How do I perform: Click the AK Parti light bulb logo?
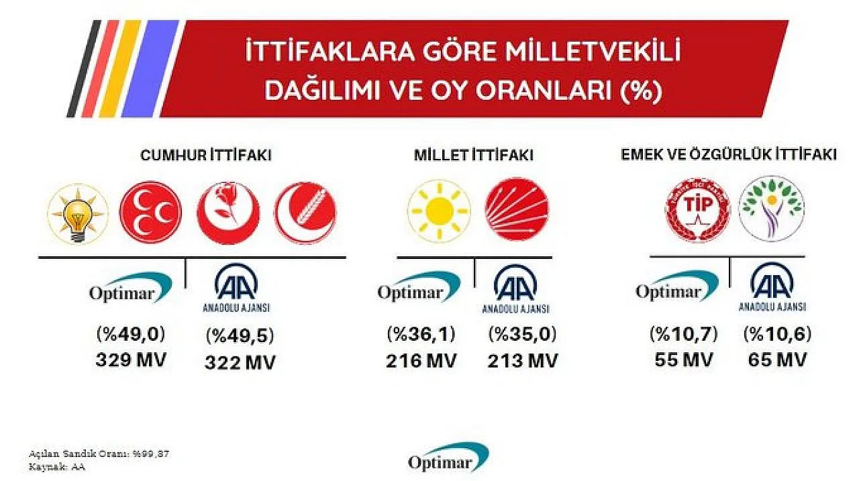pyautogui.click(x=78, y=214)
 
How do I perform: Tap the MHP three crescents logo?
pyautogui.click(x=151, y=212)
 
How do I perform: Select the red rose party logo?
pyautogui.click(x=228, y=213)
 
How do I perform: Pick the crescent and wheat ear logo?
pyautogui.click(x=305, y=213)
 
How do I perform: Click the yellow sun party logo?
pyautogui.click(x=439, y=211)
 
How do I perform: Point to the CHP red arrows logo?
pyautogui.click(x=517, y=210)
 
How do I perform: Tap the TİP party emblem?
pyautogui.click(x=697, y=210)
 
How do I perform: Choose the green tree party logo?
pyautogui.click(x=772, y=209)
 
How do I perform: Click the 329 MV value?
pyautogui.click(x=131, y=360)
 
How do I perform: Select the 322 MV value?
pyautogui.click(x=240, y=362)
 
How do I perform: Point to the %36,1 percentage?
pyautogui.click(x=421, y=334)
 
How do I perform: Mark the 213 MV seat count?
pyautogui.click(x=522, y=361)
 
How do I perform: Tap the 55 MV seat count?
pyautogui.click(x=683, y=360)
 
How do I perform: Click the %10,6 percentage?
pyautogui.click(x=777, y=334)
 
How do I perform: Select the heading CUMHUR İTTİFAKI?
pyautogui.click(x=206, y=156)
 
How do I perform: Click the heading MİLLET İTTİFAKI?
pyautogui.click(x=474, y=156)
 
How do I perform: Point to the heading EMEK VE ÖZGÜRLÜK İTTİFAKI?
pyautogui.click(x=729, y=155)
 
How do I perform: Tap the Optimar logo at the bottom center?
pyautogui.click(x=448, y=458)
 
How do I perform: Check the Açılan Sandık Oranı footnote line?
pyautogui.click(x=99, y=454)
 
